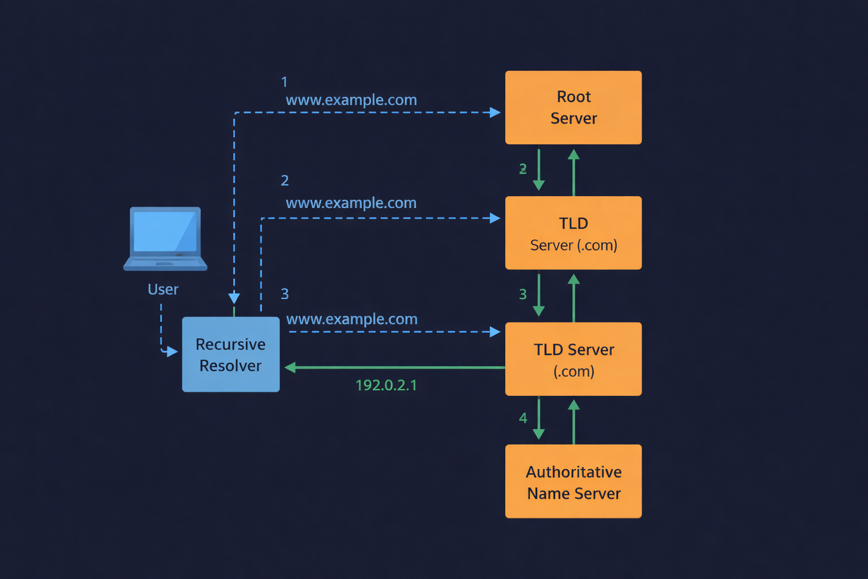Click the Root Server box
click(573, 107)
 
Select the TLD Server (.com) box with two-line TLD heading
click(573, 233)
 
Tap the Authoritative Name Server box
click(573, 481)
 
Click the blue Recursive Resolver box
click(231, 355)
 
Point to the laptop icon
click(165, 238)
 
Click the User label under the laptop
click(163, 289)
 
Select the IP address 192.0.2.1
click(386, 385)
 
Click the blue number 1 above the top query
click(284, 82)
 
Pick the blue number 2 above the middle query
click(285, 180)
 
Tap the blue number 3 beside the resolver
click(285, 294)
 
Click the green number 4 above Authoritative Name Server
click(523, 418)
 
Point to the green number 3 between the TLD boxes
click(523, 294)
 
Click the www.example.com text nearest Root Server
click(351, 100)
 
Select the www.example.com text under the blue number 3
click(351, 319)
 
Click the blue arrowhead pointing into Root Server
click(496, 113)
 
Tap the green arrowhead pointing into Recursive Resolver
click(290, 368)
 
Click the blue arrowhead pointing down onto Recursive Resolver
click(234, 299)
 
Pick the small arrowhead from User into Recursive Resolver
click(172, 352)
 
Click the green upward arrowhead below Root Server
click(574, 154)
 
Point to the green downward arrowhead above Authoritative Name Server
click(539, 434)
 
